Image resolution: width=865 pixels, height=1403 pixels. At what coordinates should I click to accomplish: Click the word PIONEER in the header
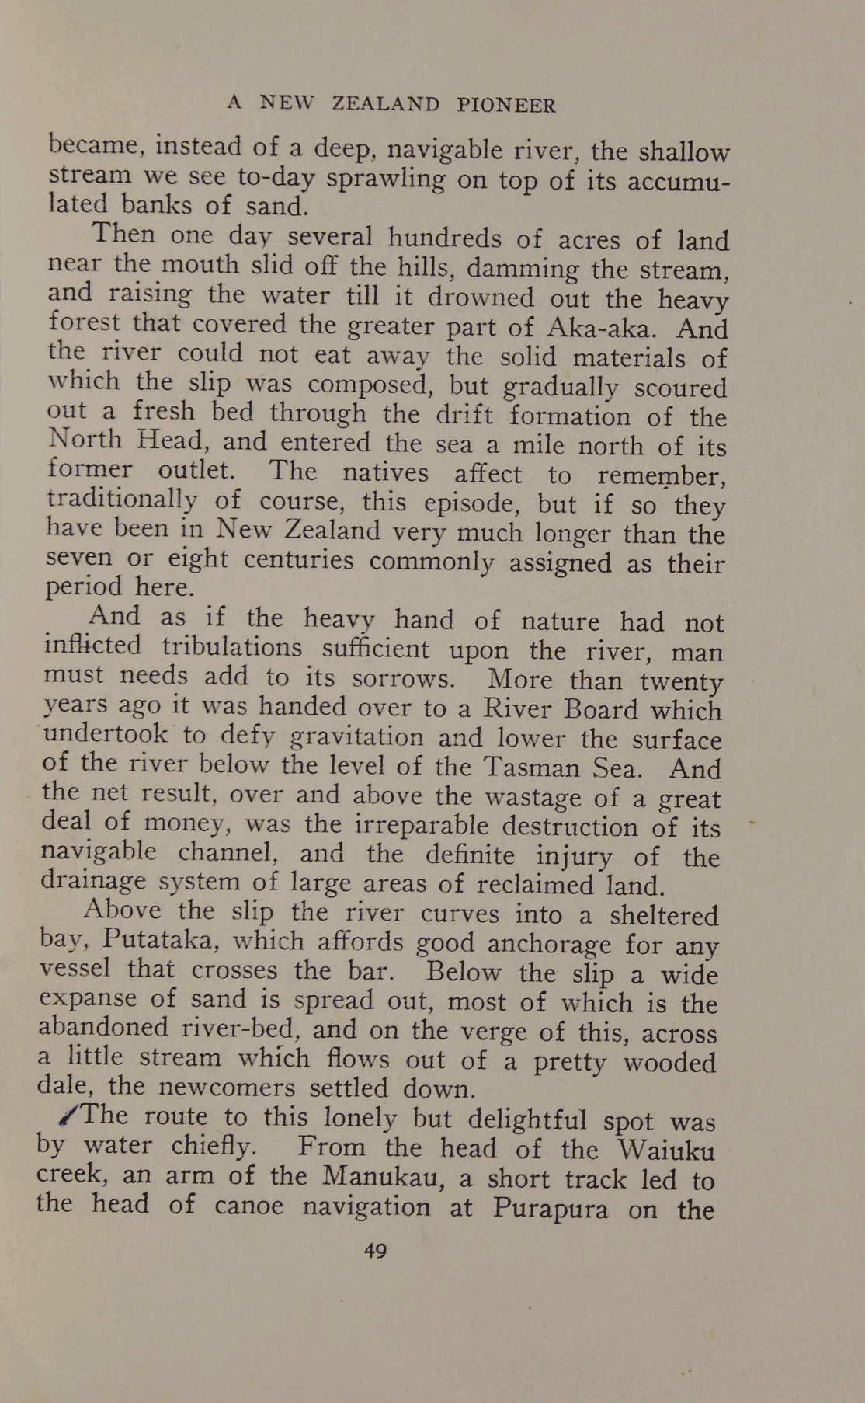(506, 105)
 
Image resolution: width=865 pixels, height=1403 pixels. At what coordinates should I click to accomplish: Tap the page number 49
(375, 1250)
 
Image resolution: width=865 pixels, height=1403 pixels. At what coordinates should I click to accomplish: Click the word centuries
(298, 559)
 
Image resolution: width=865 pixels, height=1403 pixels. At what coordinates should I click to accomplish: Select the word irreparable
(421, 824)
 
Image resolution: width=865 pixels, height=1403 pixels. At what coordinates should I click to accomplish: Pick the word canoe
(248, 1206)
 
